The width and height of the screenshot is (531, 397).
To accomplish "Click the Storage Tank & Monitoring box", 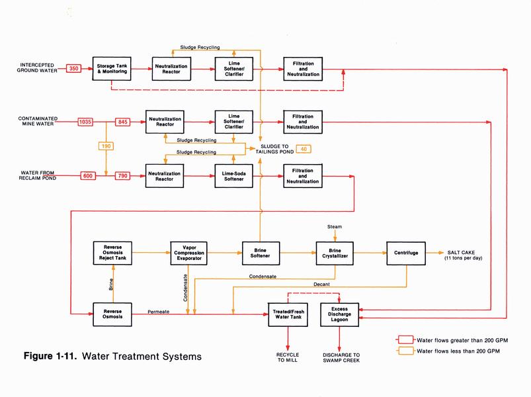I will tap(113, 68).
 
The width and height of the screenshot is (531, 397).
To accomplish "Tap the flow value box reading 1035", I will tap(85, 122).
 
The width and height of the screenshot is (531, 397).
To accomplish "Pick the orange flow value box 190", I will tap(106, 146).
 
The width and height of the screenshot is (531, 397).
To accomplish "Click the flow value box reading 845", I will tap(124, 122).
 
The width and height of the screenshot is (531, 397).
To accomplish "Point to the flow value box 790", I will tap(123, 175).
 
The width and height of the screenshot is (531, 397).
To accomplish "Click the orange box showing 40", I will tap(304, 148).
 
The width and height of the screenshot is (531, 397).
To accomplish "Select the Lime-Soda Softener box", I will tap(233, 175).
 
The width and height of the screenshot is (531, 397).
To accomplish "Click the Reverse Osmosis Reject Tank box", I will tap(113, 252).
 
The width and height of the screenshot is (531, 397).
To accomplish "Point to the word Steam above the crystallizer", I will tap(335, 227).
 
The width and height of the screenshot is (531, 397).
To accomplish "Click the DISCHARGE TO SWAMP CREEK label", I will tap(340, 358).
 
